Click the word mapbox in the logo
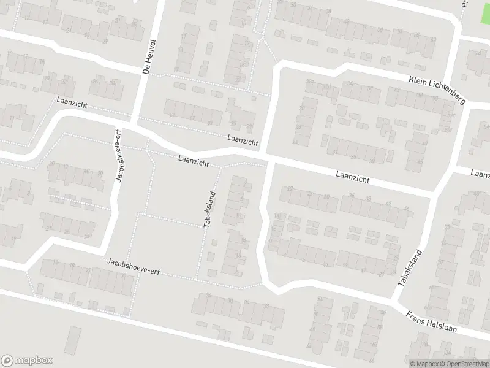click(34, 361)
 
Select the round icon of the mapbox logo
click(8, 361)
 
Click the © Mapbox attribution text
click(424, 364)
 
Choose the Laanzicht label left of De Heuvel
click(69, 101)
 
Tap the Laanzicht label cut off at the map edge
click(481, 174)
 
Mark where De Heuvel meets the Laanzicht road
click(134, 123)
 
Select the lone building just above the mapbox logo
click(73, 340)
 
